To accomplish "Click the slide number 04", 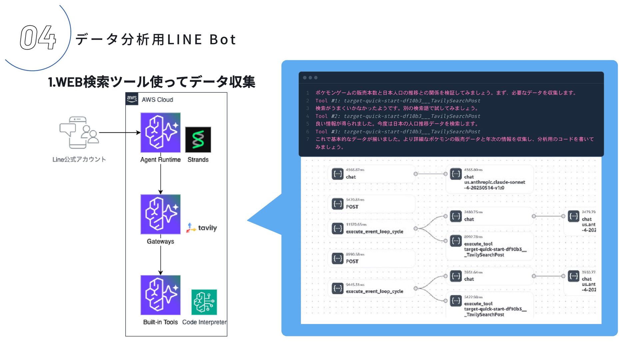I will pyautogui.click(x=38, y=38).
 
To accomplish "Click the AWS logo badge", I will pyautogui.click(x=132, y=99).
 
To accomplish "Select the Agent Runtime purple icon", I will pyautogui.click(x=160, y=132).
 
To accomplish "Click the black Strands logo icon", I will pyautogui.click(x=198, y=139).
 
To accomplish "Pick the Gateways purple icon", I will pyautogui.click(x=160, y=214).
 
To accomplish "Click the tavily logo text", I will pyautogui.click(x=207, y=228).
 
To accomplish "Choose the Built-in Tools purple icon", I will pyautogui.click(x=160, y=295).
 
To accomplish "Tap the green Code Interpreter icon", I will pyautogui.click(x=204, y=302).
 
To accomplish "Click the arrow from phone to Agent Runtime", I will pyautogui.click(x=119, y=132).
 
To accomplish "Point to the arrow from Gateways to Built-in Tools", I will pyautogui.click(x=160, y=260).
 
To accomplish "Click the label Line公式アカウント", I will pyautogui.click(x=79, y=159).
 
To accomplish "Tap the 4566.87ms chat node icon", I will pyautogui.click(x=338, y=174).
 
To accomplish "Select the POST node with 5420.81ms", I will pyautogui.click(x=352, y=207).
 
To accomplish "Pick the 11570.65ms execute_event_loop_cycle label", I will pyautogui.click(x=374, y=232).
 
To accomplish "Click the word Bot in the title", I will pyautogui.click(x=223, y=40).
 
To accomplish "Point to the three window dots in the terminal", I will pyautogui.click(x=310, y=78).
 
